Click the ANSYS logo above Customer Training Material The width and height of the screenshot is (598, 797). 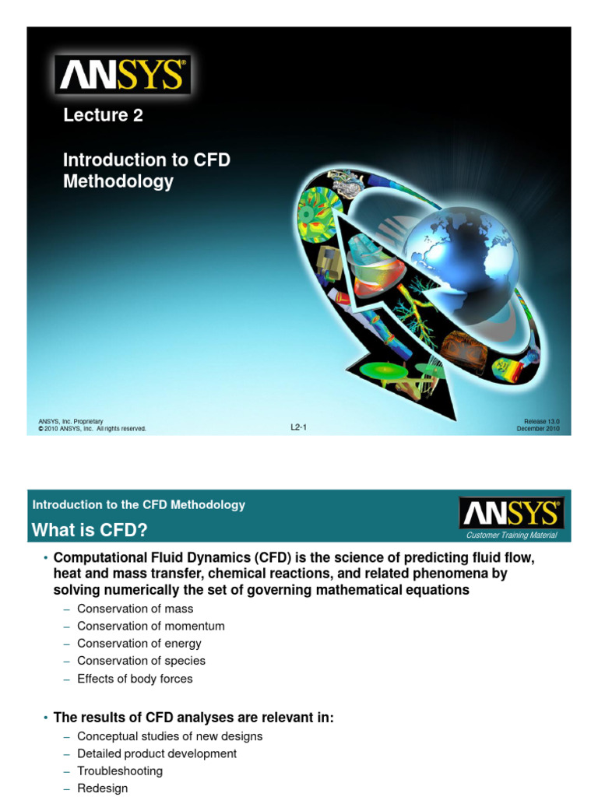[x=511, y=514]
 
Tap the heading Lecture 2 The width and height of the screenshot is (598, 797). [x=103, y=115]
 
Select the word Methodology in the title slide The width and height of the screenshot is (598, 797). [x=118, y=181]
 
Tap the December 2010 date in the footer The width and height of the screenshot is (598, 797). [x=538, y=429]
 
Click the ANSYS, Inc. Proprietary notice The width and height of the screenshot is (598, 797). [x=71, y=421]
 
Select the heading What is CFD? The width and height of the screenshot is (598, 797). [x=89, y=530]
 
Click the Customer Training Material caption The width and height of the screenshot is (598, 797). [x=511, y=535]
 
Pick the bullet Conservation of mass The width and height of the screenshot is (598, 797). [x=135, y=609]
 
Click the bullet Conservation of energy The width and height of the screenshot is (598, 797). [x=139, y=644]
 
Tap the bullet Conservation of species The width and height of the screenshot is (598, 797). [x=141, y=661]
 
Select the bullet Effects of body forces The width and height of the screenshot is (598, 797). [x=134, y=679]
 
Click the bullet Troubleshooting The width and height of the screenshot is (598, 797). [x=120, y=771]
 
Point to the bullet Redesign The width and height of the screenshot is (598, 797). [x=102, y=788]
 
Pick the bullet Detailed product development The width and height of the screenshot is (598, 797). [x=157, y=753]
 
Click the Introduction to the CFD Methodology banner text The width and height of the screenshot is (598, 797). [x=139, y=504]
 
